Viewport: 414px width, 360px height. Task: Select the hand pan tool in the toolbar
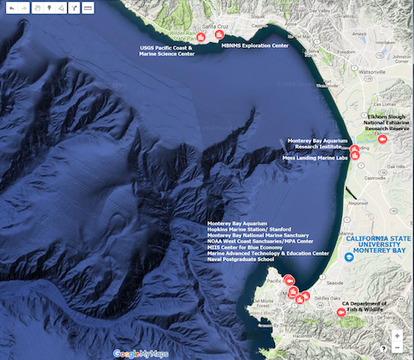coord(33,7)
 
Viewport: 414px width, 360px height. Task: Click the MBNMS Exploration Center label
coord(255,46)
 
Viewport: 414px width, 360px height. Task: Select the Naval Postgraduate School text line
coord(241,259)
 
